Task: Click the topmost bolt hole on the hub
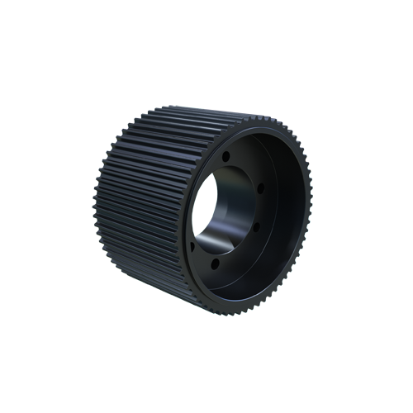point(225,154)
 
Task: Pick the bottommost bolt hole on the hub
point(215,263)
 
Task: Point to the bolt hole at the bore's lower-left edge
point(192,244)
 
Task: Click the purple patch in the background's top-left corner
point(103,116)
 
